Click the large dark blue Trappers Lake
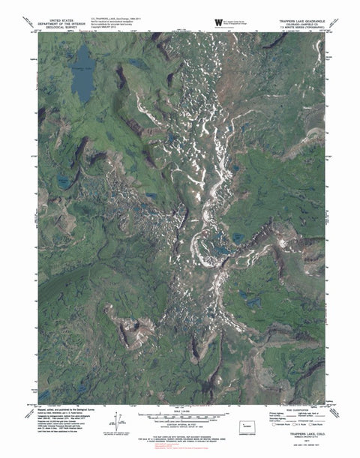[83, 74]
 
